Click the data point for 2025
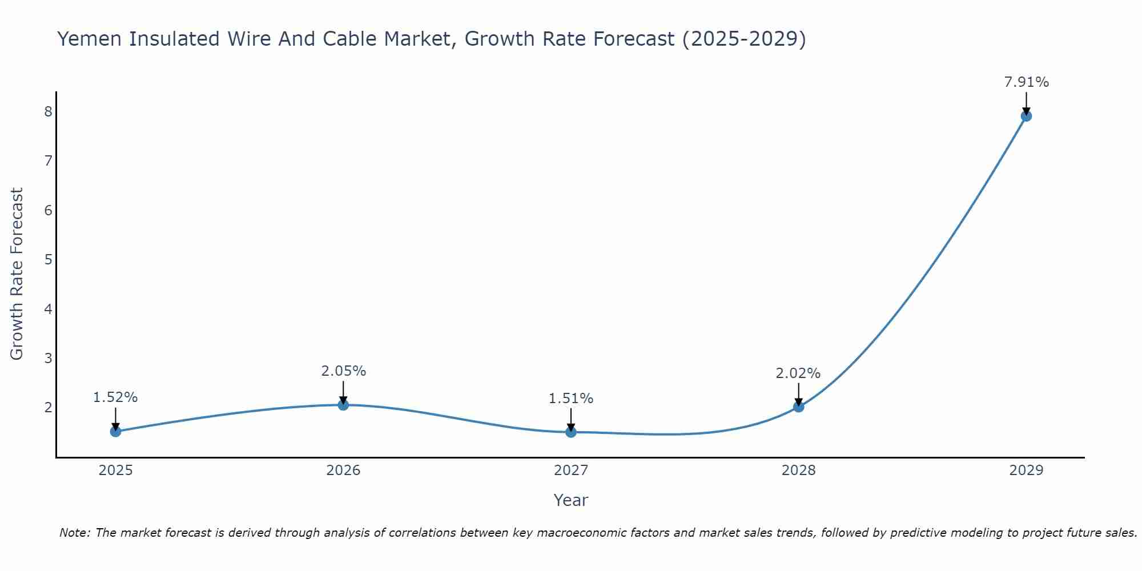(x=115, y=431)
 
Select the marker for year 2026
(x=343, y=405)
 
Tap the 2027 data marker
(x=571, y=432)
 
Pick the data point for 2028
(x=798, y=407)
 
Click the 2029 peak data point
(x=1026, y=116)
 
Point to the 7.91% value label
(x=1026, y=82)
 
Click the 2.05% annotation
(x=343, y=371)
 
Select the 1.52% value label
(x=115, y=397)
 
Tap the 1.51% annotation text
(x=571, y=399)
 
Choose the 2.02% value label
(x=798, y=373)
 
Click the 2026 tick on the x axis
(x=343, y=471)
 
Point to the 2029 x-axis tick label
(x=1026, y=471)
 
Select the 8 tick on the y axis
(x=48, y=111)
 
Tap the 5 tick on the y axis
(x=48, y=260)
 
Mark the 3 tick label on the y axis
(x=48, y=359)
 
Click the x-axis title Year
(x=571, y=500)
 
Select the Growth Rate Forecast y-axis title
(x=17, y=274)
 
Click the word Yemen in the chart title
(x=90, y=39)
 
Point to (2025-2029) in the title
(x=744, y=39)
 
